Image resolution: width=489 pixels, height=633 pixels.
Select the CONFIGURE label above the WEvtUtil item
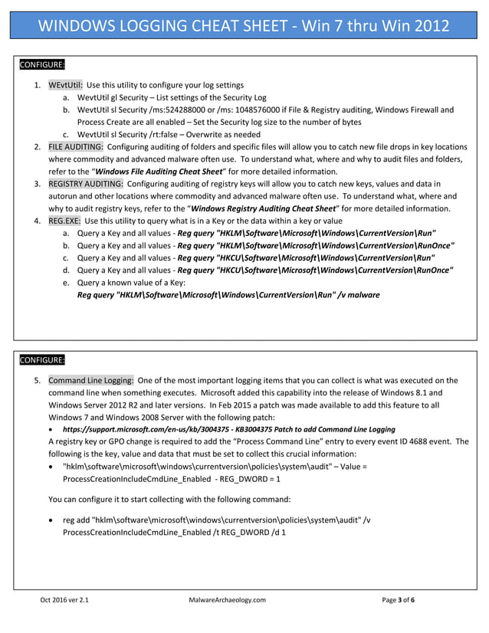42,64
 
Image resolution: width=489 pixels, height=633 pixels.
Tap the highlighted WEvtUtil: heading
65,85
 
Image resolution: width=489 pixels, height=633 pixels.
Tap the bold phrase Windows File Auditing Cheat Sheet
158,171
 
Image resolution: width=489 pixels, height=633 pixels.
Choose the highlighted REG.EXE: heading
65,221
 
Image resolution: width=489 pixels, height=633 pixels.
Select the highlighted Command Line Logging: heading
91,380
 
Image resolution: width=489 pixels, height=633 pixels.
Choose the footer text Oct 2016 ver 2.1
64,600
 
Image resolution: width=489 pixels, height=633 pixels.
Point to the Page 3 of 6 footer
399,600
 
